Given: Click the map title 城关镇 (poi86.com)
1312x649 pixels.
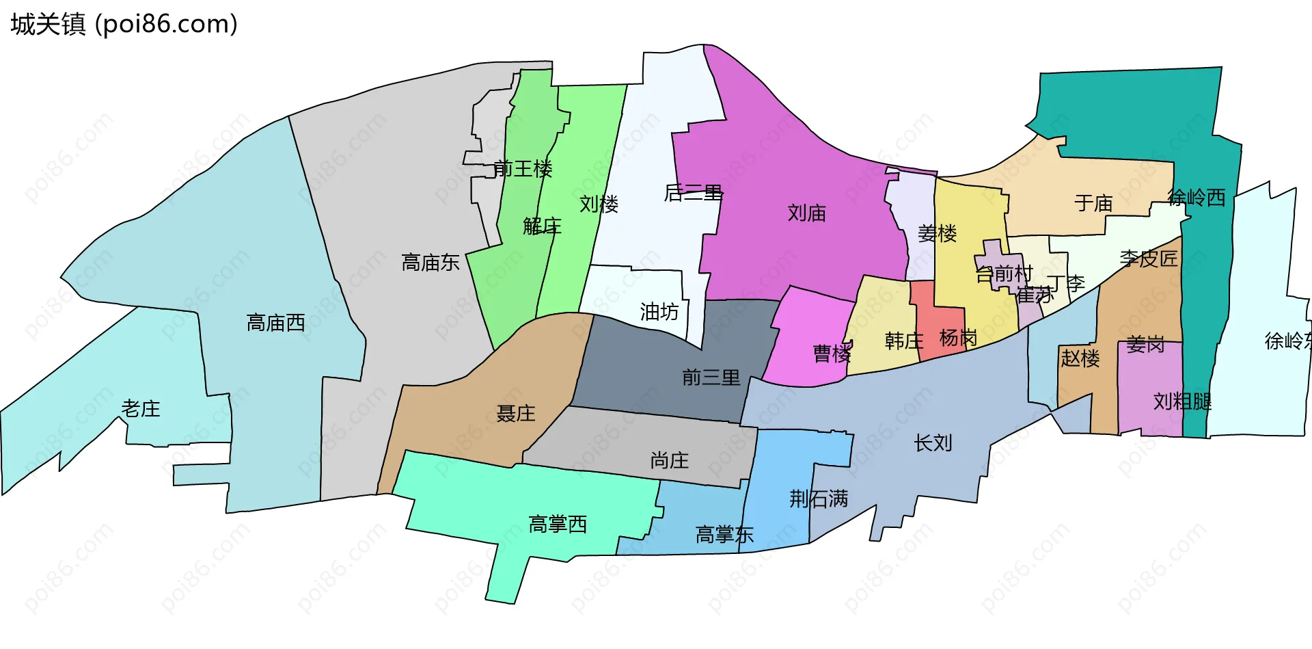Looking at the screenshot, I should click(124, 25).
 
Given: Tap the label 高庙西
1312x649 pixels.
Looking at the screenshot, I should click(275, 323).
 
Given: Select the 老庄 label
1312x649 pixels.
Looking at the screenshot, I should click(141, 409).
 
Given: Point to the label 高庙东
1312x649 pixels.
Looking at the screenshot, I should click(430, 263).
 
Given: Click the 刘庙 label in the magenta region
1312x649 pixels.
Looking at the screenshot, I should click(806, 213).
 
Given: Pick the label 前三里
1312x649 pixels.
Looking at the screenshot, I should click(711, 378).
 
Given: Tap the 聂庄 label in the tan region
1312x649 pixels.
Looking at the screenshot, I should click(516, 414).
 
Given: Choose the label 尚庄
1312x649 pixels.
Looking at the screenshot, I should click(670, 461).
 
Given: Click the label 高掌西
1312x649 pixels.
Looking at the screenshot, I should click(558, 525).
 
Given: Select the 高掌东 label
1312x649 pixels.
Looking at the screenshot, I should click(724, 535).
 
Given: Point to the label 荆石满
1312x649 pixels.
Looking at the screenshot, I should click(819, 499).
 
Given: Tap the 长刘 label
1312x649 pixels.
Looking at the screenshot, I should click(933, 443).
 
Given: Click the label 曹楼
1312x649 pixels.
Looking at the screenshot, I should click(832, 354).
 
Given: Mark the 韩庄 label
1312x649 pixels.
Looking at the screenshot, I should click(903, 341).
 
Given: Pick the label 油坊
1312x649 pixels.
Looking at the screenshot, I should click(659, 313).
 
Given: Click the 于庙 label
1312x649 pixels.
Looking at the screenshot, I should click(1093, 203).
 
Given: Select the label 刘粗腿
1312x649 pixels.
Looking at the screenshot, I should click(1182, 401).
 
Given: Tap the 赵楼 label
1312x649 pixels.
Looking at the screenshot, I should click(1080, 358).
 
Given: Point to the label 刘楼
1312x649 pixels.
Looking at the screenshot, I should click(599, 204).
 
